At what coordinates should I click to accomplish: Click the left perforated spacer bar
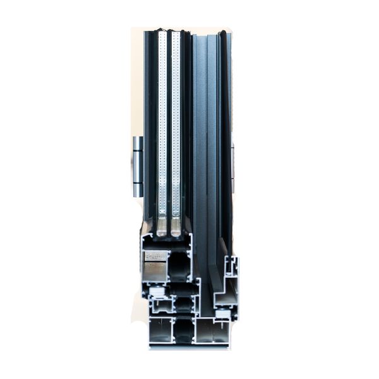pos(162,126)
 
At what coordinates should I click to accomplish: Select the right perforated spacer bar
pos(176,126)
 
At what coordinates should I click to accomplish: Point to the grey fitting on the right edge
pos(233,167)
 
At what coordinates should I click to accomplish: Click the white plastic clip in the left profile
pos(157,292)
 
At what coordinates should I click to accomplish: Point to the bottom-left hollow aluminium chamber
pos(160,330)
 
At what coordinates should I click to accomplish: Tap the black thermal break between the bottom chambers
pos(184,330)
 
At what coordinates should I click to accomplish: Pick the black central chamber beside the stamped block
pos(181,265)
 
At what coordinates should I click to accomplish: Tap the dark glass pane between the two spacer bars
pos(169,126)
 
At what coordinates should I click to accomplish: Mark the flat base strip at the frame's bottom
pos(189,346)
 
